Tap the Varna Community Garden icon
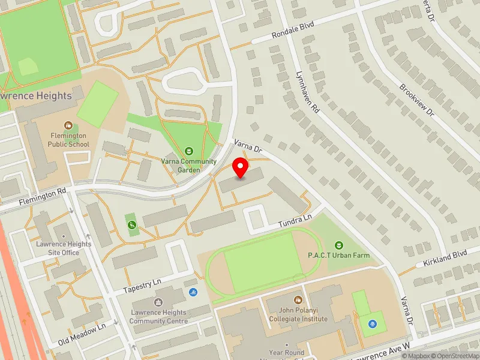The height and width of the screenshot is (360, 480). point(190,151)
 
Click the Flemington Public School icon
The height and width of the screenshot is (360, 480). point(69,126)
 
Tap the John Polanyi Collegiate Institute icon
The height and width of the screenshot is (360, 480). point(298,299)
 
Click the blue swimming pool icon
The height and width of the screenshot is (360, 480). point(193,292)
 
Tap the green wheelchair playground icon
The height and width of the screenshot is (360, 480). point(131,225)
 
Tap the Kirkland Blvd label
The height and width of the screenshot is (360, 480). point(445,259)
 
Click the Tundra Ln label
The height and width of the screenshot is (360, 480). point(295,223)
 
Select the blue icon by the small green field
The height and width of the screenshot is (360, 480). point(372,323)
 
